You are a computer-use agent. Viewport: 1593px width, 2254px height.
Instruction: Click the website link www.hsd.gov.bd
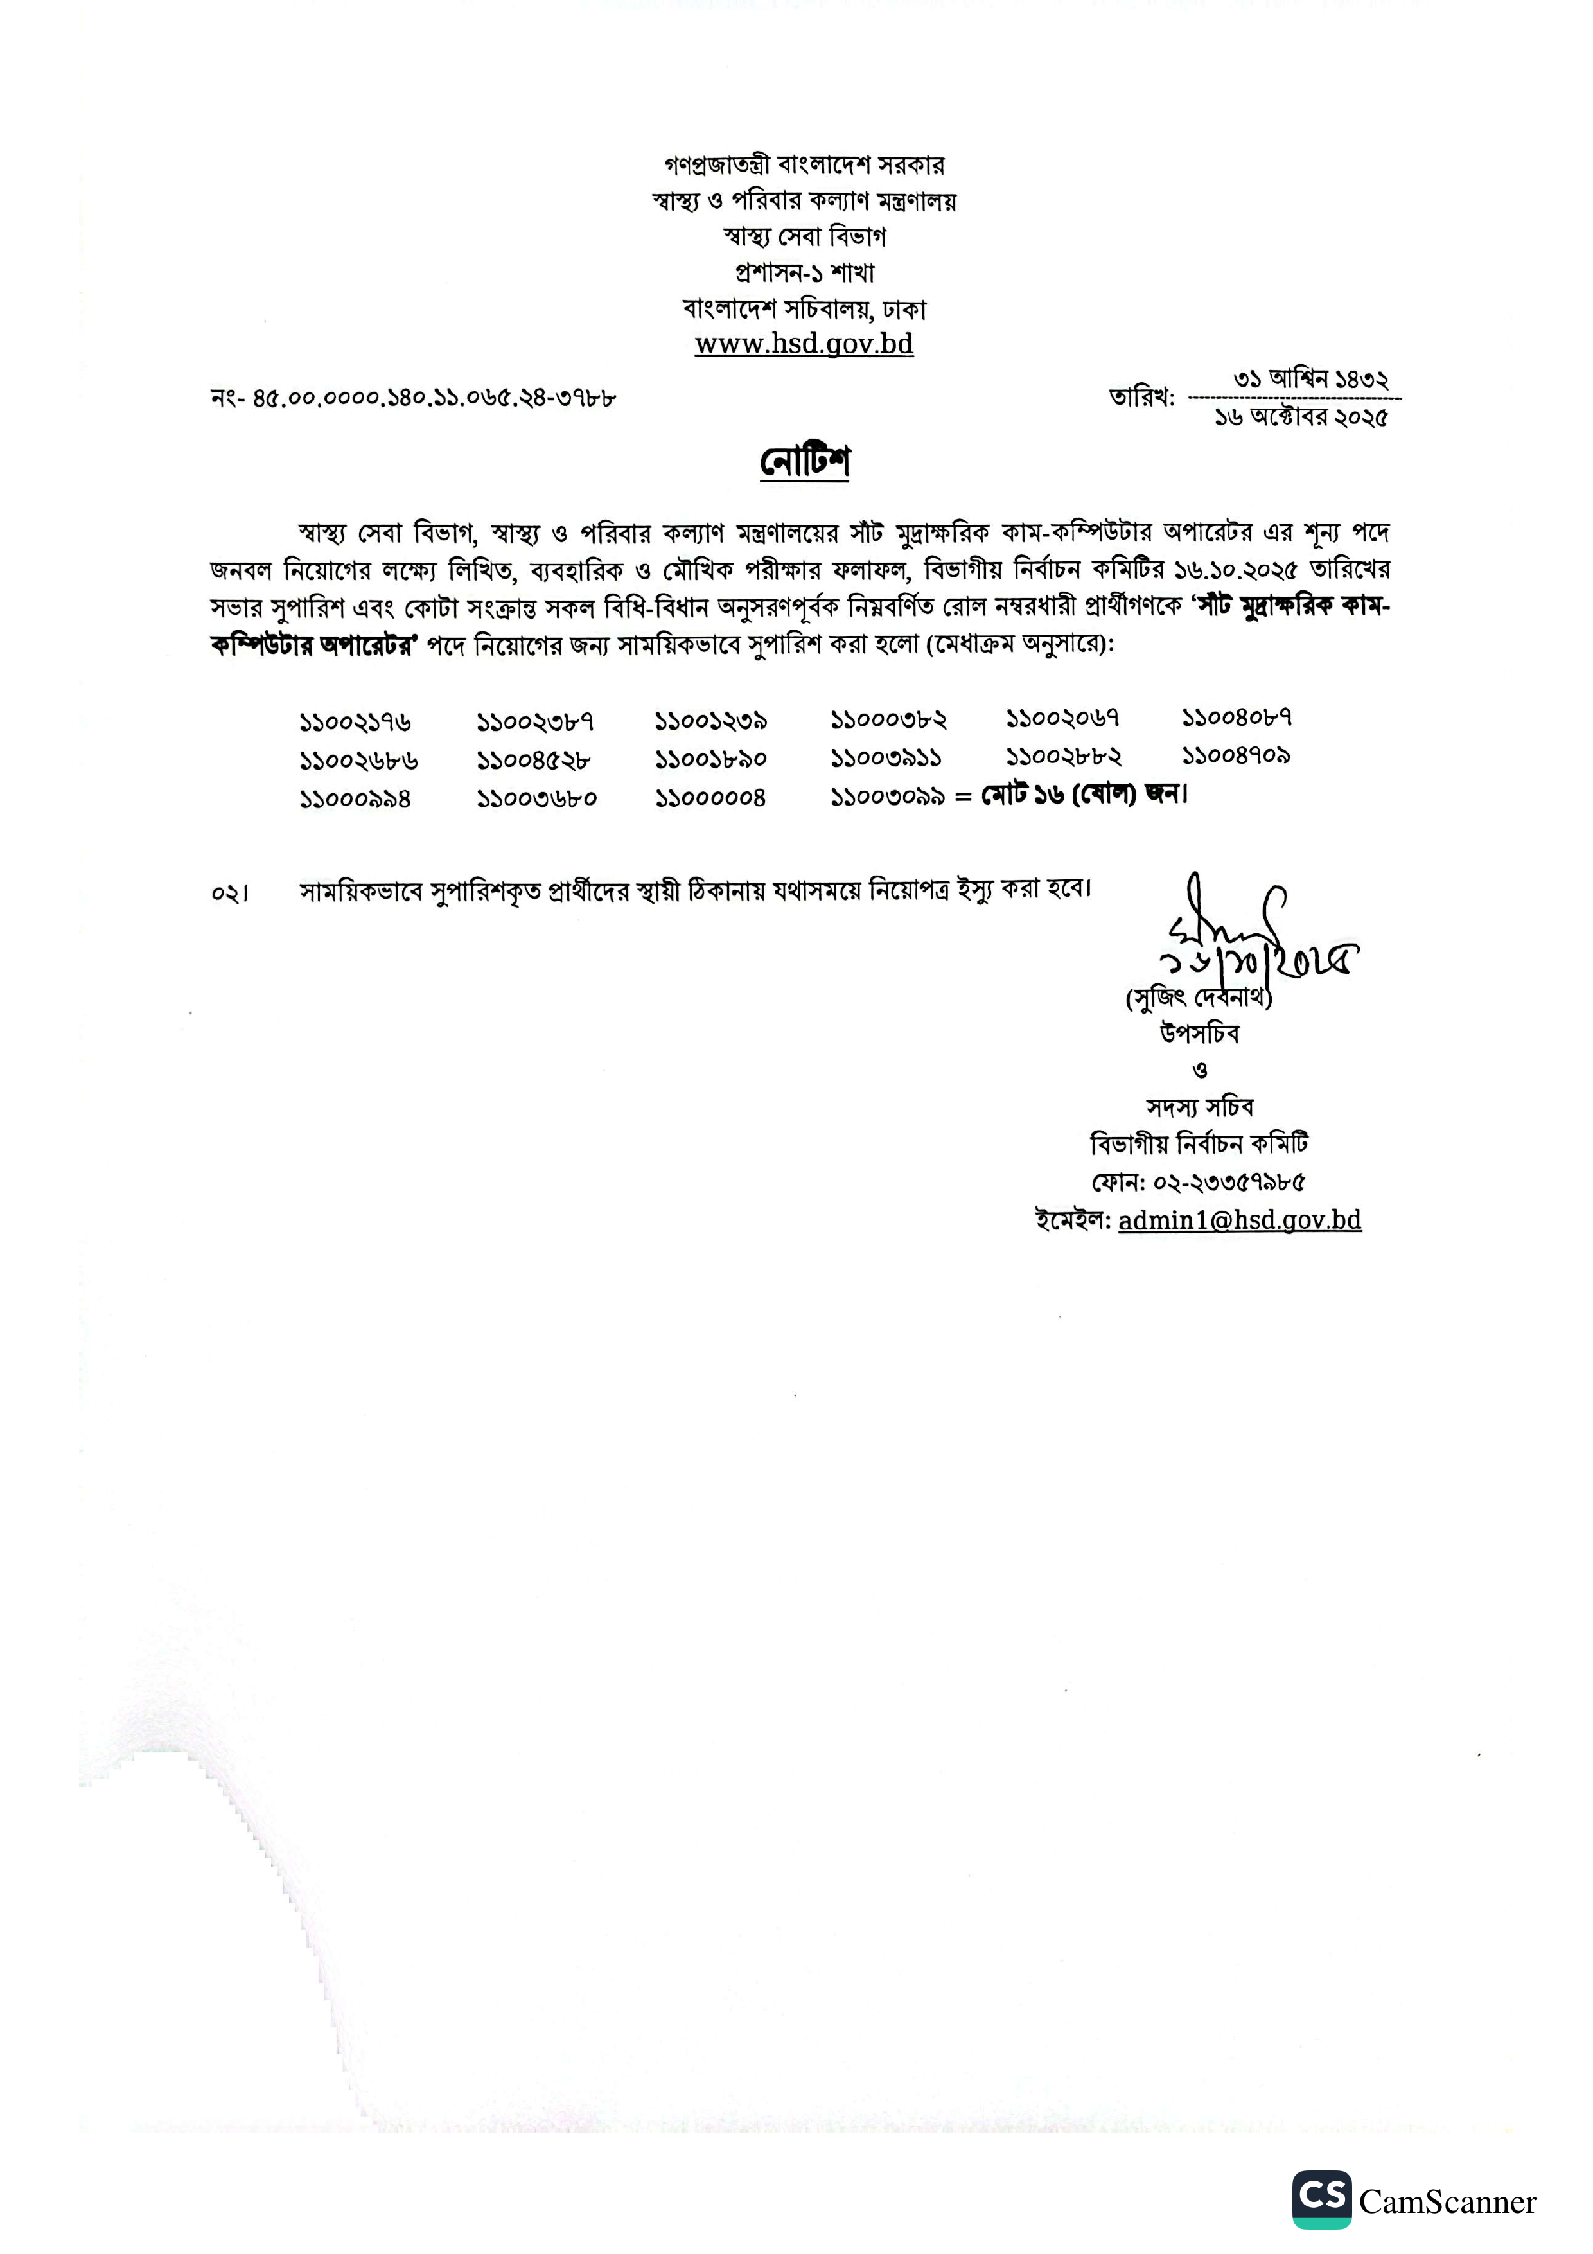[804, 344]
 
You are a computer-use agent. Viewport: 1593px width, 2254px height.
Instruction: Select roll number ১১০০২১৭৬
[355, 723]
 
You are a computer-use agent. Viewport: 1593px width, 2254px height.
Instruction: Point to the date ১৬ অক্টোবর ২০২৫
[1301, 418]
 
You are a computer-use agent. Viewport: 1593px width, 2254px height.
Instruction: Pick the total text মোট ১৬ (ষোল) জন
[1084, 794]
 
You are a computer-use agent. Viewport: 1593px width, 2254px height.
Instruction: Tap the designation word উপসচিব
[1199, 1034]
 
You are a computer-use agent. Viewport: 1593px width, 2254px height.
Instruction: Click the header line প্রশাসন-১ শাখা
[804, 272]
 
